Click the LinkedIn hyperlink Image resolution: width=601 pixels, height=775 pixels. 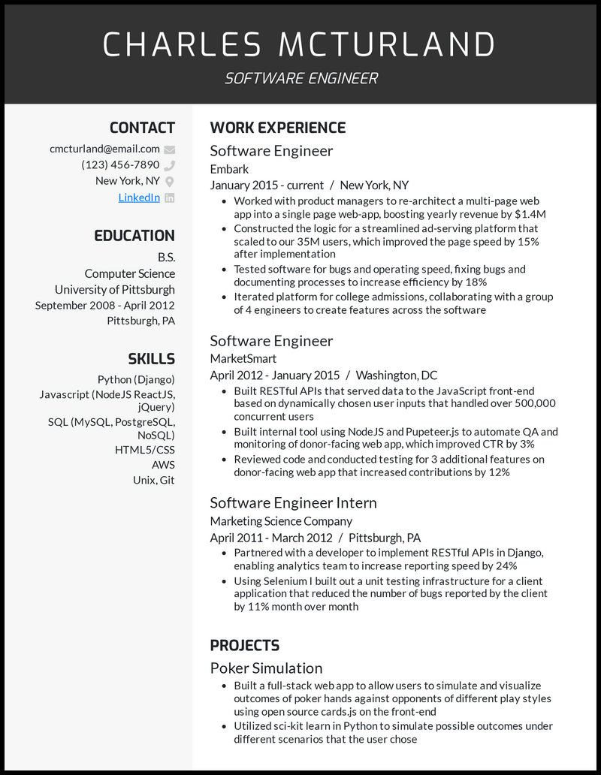139,198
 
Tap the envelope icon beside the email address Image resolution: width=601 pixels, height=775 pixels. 170,149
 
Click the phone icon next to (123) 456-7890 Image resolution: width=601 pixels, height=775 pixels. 170,165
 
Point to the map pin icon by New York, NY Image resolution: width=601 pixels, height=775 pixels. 170,182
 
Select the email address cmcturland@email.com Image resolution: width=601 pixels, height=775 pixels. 104,149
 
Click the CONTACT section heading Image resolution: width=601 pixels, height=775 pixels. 142,128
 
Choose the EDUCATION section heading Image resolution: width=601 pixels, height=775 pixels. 134,236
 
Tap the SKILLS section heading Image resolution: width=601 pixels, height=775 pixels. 151,359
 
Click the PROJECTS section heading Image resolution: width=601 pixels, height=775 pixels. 244,645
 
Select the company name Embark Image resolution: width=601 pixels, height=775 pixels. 229,169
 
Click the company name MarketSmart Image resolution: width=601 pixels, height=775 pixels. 243,358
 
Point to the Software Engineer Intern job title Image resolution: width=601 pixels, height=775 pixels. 293,502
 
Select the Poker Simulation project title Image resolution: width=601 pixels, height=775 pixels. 266,668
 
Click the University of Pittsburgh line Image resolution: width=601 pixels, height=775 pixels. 114,289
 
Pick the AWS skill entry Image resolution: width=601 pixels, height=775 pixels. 163,465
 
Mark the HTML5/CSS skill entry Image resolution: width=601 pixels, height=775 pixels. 144,450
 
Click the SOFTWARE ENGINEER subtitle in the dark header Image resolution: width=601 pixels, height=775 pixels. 300,78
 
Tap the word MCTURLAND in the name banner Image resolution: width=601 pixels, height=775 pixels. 387,45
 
